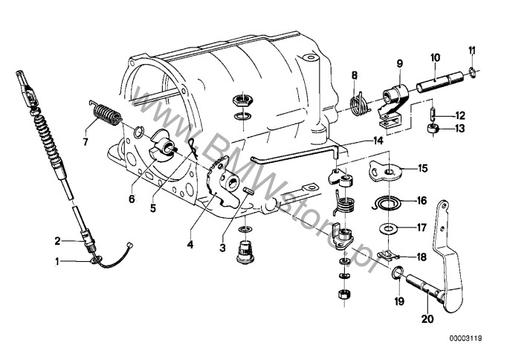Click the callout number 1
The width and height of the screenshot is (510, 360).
pyautogui.click(x=57, y=260)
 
